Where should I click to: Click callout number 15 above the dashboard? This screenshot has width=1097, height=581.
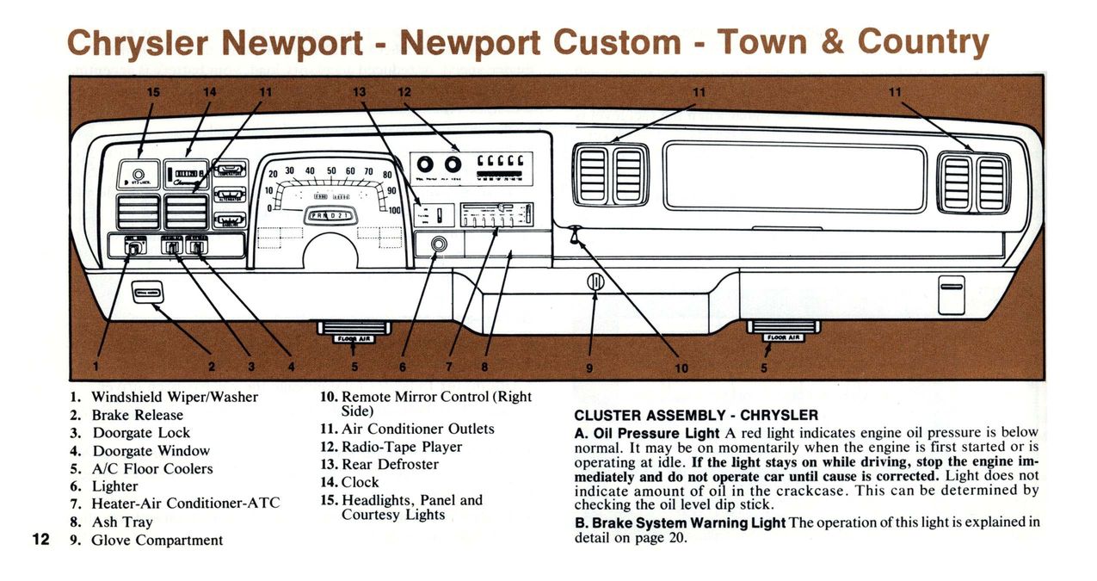(x=153, y=92)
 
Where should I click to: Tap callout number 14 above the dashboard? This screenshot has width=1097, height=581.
(x=210, y=92)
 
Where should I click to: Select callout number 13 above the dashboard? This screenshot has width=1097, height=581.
(x=360, y=92)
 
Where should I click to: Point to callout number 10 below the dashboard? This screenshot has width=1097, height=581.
(x=681, y=368)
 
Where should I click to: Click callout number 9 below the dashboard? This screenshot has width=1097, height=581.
(x=589, y=368)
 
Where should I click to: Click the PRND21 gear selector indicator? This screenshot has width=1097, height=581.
(x=330, y=216)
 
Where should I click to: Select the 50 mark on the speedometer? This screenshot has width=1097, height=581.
(x=331, y=170)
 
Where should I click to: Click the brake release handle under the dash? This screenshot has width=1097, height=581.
(x=146, y=293)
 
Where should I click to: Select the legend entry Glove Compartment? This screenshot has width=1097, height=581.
(x=157, y=541)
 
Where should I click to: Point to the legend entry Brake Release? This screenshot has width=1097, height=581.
(x=137, y=415)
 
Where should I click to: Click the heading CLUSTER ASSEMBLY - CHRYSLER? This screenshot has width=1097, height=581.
(x=695, y=415)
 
